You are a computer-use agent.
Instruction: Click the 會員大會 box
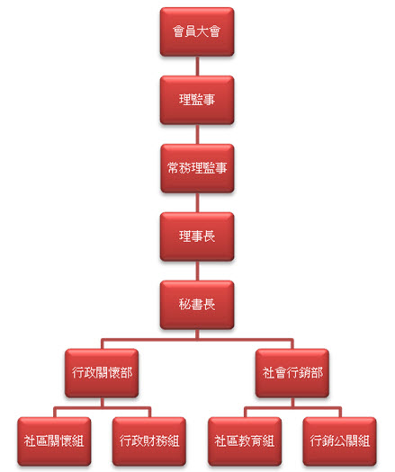pyautogui.click(x=197, y=31)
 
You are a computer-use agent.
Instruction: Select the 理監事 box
pyautogui.click(x=197, y=100)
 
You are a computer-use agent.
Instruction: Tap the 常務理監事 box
pyautogui.click(x=197, y=168)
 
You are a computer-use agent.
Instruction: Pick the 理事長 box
pyautogui.click(x=197, y=236)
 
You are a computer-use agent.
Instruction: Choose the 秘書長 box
pyautogui.click(x=197, y=305)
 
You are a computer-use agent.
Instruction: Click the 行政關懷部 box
pyautogui.click(x=102, y=373)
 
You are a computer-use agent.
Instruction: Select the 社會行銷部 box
pyautogui.click(x=292, y=373)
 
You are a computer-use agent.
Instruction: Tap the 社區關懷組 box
pyautogui.click(x=54, y=441)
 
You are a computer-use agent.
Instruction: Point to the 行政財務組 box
pyautogui.click(x=149, y=441)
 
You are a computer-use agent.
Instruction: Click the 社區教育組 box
pyautogui.click(x=245, y=441)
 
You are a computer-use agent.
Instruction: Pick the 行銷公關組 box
pyautogui.click(x=340, y=441)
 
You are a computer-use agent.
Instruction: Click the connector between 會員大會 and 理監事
pyautogui.click(x=197, y=66)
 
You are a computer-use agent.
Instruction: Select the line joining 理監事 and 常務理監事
pyautogui.click(x=197, y=134)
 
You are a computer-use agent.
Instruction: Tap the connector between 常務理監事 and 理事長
pyautogui.click(x=197, y=202)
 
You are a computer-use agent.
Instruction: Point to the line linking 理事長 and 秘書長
pyautogui.click(x=197, y=271)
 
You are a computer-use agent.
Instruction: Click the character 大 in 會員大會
pyautogui.click(x=203, y=31)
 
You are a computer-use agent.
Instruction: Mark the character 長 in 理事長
pyautogui.click(x=209, y=236)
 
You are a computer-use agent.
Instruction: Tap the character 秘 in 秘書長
pyautogui.click(x=184, y=305)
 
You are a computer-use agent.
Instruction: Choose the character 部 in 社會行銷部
pyautogui.click(x=317, y=373)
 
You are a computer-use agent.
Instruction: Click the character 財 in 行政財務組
pyautogui.click(x=149, y=441)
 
